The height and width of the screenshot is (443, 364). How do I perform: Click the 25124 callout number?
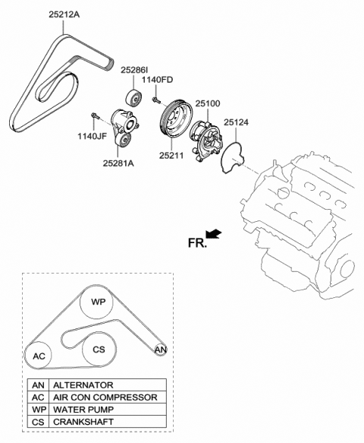[x=237, y=120]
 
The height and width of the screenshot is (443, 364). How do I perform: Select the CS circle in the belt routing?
[x=98, y=350]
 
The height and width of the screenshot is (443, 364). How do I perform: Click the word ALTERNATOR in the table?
[x=83, y=385]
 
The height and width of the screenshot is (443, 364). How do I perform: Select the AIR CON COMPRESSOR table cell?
[x=105, y=397]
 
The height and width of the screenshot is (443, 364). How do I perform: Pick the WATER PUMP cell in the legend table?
[x=83, y=409]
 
